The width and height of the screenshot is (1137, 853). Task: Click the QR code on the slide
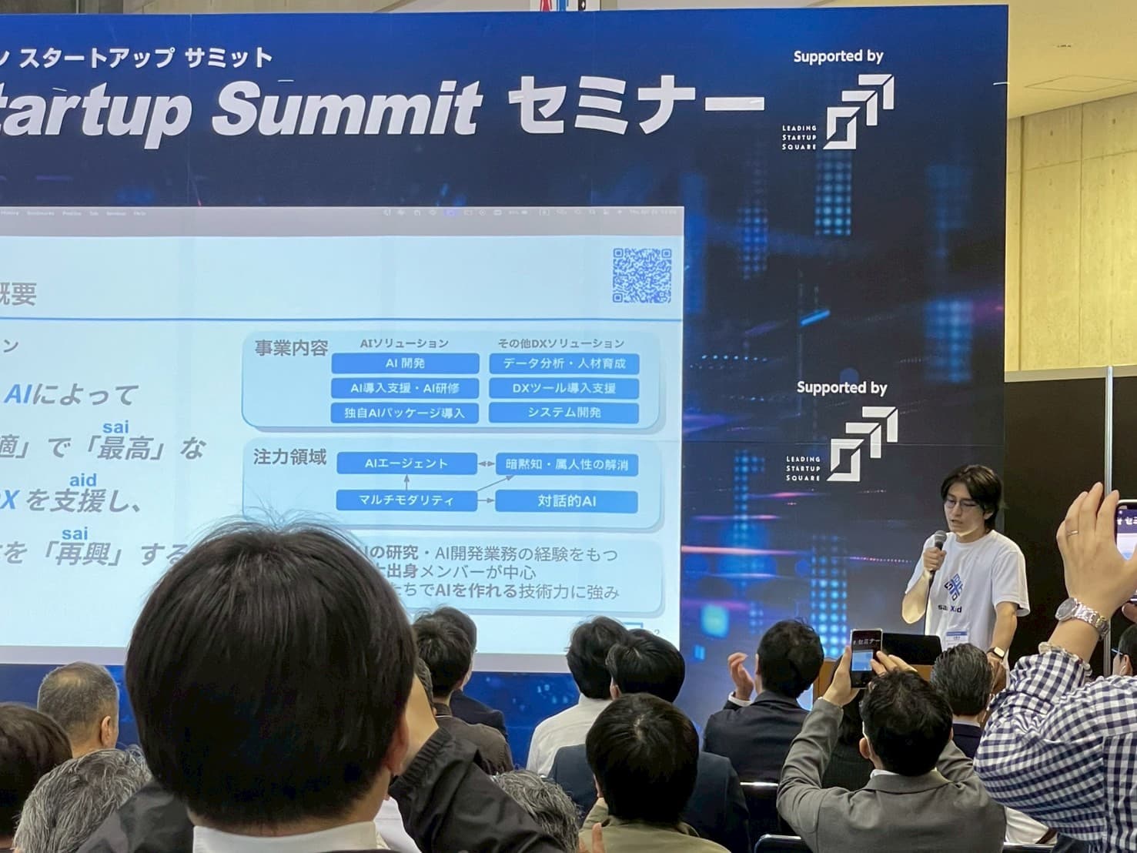pos(641,275)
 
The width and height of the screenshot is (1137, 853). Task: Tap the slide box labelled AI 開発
pos(405,363)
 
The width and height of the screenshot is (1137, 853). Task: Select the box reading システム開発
pos(563,413)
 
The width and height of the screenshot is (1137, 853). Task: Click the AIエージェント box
pos(406,463)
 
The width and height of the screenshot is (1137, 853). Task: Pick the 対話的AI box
pos(566,501)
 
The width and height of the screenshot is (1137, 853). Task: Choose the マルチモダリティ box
pos(406,500)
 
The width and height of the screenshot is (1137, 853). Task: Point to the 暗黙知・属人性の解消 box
pos(567,464)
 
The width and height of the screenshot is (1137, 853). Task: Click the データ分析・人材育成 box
pos(563,363)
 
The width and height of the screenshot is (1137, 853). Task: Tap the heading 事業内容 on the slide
pos(291,348)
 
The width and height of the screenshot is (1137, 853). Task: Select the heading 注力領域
pos(290,458)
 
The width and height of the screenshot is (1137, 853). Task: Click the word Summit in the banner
pos(346,108)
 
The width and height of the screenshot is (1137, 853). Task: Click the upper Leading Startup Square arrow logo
pos(859,112)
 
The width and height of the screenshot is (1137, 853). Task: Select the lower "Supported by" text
pos(841,387)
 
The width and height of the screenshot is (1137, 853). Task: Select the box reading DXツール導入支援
pos(563,388)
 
